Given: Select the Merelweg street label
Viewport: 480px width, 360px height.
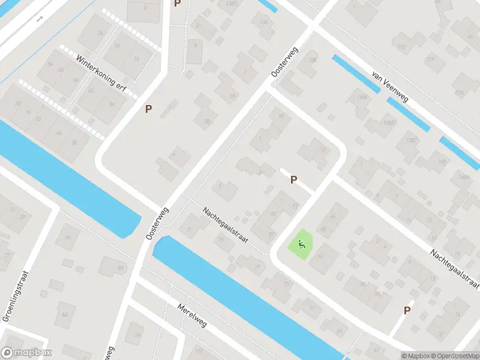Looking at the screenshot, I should pos(192,315).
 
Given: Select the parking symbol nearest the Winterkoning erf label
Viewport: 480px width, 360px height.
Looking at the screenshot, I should pos(148,109).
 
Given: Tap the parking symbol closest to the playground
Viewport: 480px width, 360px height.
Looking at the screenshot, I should pos(294,179).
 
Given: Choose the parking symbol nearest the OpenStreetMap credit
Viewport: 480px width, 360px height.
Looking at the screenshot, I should pos(407,310).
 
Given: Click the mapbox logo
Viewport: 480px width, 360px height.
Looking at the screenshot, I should pos(26,353).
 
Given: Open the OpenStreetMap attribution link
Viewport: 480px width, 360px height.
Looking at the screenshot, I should pos(454,356).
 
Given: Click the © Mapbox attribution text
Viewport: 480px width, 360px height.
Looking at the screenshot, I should pos(415,356).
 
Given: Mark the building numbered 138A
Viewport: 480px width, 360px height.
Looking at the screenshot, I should pos(362,97).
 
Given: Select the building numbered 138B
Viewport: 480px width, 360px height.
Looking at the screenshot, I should pos(389,122).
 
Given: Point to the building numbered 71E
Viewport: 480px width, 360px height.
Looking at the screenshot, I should pos(401,45).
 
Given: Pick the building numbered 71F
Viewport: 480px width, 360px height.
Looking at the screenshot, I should pos(430,58).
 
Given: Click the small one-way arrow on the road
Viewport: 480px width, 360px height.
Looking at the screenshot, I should pos(40,19).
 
